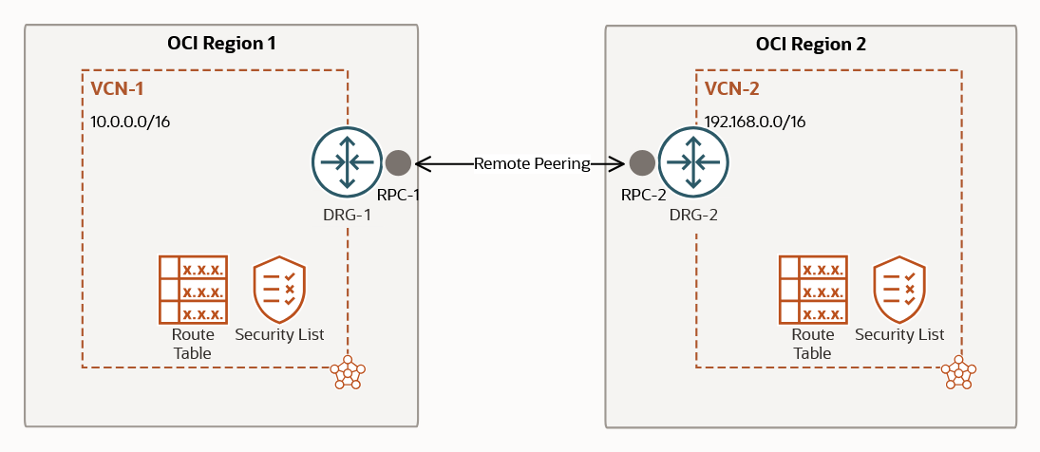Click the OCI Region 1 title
pos(221,44)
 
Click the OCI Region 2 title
pos(810,45)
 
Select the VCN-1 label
pos(117,89)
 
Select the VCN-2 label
pos(731,89)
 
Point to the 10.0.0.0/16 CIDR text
pos(130,122)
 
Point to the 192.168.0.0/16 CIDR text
pos(755,122)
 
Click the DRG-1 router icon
pos(346,162)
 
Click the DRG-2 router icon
pos(694,162)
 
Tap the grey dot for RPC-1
pos(398,162)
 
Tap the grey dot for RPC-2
pos(642,162)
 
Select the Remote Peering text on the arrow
pos(532,163)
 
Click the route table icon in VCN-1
pos(193,290)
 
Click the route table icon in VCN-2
pos(813,290)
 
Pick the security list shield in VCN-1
pos(279,290)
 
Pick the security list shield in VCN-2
pos(899,290)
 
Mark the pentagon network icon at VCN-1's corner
pos(348,372)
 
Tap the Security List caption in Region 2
pos(899,334)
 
